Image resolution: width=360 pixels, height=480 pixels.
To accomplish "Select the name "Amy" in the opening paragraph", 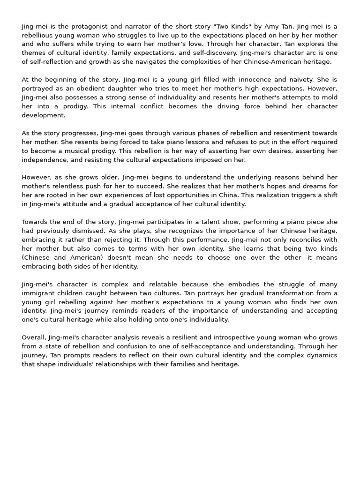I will [290, 27].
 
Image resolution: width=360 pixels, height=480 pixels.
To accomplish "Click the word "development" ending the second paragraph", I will [44, 115].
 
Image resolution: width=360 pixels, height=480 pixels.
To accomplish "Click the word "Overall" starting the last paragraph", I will [35, 337].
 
